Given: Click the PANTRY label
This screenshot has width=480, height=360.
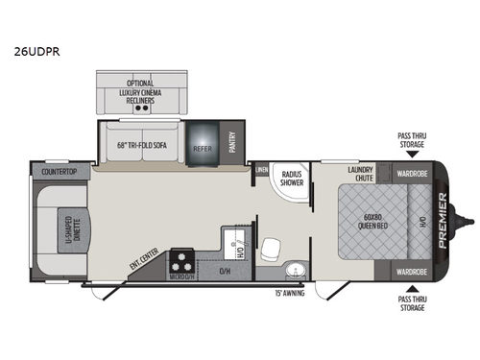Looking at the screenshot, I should [x=231, y=142].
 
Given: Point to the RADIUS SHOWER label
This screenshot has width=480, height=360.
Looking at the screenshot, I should [x=291, y=178].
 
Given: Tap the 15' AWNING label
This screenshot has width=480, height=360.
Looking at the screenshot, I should [x=290, y=292].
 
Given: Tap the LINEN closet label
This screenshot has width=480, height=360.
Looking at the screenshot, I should [x=261, y=170].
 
